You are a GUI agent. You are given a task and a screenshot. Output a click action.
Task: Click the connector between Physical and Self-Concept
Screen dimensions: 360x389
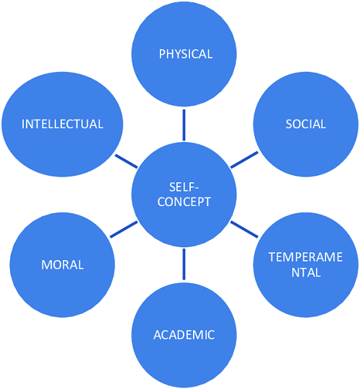[x=184, y=125]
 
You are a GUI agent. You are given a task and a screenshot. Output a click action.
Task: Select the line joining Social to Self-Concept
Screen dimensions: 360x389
[x=244, y=160]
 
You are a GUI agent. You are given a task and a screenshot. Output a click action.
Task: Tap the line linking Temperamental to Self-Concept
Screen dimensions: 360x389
[x=244, y=230]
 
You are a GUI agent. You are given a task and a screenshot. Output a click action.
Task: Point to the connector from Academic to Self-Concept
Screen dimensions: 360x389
[x=184, y=264]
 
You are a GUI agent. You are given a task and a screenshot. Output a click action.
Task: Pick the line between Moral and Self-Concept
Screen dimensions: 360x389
[x=123, y=230]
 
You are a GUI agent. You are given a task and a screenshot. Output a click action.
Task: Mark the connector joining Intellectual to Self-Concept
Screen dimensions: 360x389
[x=126, y=161]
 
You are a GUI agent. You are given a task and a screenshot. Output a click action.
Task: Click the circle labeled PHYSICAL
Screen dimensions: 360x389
[x=184, y=54]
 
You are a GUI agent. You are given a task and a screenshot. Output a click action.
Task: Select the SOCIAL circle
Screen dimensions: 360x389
[x=305, y=125]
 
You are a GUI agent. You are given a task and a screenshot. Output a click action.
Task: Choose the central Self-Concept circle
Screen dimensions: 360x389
[x=184, y=194]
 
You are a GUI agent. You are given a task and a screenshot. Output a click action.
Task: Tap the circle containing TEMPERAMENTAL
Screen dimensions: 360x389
[x=305, y=264]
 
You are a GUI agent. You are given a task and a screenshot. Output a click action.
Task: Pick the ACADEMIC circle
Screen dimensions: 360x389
[x=184, y=335]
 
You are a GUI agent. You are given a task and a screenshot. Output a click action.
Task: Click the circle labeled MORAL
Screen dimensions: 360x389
[x=62, y=264]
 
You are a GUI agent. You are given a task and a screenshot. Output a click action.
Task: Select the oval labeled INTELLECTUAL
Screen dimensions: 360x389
[x=62, y=125]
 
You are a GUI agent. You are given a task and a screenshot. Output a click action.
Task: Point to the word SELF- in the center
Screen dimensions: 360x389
[x=184, y=187]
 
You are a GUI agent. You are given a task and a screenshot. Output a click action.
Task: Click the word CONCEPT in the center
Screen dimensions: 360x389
[x=184, y=202]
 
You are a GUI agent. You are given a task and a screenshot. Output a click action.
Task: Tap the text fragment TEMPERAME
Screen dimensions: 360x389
[x=305, y=257]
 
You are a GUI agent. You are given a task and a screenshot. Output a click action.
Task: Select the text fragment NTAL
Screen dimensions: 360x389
[x=306, y=272]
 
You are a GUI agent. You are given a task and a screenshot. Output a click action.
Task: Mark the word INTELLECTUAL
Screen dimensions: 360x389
[x=62, y=124]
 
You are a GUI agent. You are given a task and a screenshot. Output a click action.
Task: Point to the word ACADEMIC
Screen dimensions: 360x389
[x=184, y=335]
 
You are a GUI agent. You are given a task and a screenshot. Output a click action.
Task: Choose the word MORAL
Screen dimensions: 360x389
[x=62, y=264]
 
